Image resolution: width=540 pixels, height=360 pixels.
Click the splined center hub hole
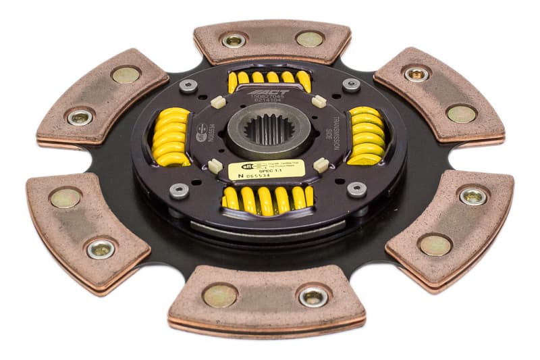pyautogui.click(x=269, y=128)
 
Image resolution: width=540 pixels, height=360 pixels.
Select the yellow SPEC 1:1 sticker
pyautogui.click(x=266, y=170)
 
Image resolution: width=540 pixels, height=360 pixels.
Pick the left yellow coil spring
pyautogui.click(x=171, y=136)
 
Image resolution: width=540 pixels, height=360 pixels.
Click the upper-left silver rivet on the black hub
pyautogui.click(x=188, y=86)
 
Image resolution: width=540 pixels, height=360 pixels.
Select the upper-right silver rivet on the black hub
pyautogui.click(x=351, y=85)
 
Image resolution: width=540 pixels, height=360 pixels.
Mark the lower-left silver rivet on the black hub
pyautogui.click(x=178, y=190)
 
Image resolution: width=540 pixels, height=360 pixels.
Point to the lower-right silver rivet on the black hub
pyautogui.click(x=357, y=190)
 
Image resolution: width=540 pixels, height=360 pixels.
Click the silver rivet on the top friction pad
pyautogui.click(x=234, y=41)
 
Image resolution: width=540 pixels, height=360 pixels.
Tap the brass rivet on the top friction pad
pyautogui.click(x=308, y=39)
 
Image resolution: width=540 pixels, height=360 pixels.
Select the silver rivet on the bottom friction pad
pyautogui.click(x=313, y=296)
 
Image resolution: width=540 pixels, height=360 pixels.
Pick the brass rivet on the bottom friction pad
pyautogui.click(x=221, y=295)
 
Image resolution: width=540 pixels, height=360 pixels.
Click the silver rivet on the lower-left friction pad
pyautogui.click(x=101, y=249)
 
